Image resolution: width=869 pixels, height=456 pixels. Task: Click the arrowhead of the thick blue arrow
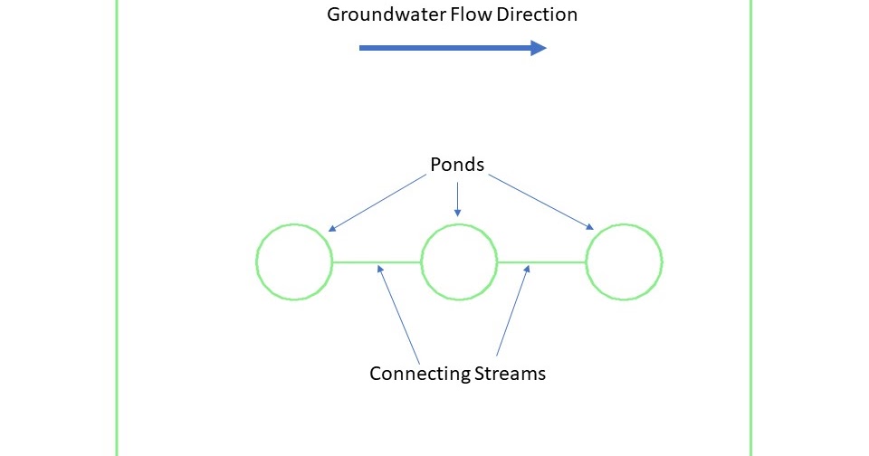pyautogui.click(x=539, y=48)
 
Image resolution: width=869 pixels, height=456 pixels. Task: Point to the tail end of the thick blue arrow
pyautogui.click(x=362, y=48)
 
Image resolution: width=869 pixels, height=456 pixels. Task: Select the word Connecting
pyautogui.click(x=419, y=373)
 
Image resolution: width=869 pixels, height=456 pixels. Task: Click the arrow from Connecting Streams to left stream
pyautogui.click(x=399, y=313)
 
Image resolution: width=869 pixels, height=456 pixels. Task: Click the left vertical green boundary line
pyautogui.click(x=117, y=226)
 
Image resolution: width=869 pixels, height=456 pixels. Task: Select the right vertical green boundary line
pyautogui.click(x=750, y=226)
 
